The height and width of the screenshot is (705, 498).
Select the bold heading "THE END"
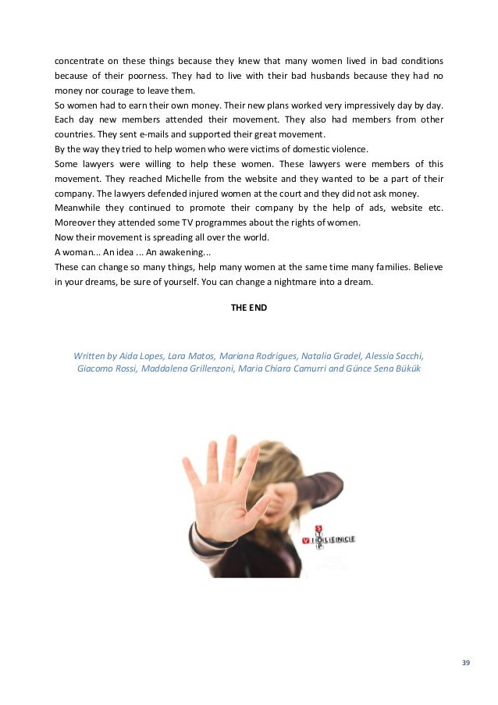(249, 308)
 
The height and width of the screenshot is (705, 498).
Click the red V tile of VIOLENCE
(305, 539)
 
